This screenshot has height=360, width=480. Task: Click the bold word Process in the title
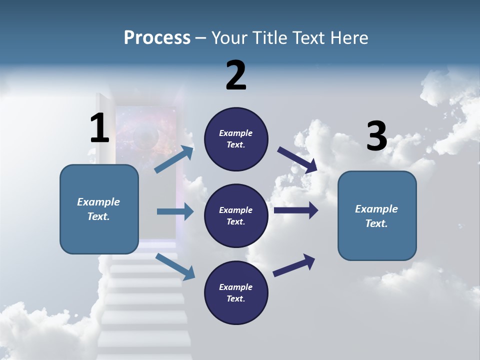click(157, 38)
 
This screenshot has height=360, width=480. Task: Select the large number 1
click(99, 128)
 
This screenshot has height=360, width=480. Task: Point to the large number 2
click(236, 75)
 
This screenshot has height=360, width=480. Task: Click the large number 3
click(377, 136)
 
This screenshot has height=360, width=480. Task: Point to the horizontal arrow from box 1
click(175, 211)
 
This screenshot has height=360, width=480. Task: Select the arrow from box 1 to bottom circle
click(175, 266)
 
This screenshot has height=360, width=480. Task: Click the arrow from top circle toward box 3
click(297, 160)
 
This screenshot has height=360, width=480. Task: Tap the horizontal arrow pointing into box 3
click(296, 210)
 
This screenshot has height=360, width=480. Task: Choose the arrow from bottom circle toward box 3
click(294, 265)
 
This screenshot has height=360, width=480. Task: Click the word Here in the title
click(350, 38)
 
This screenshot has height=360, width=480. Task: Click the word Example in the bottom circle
click(235, 287)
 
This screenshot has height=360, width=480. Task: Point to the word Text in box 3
click(376, 223)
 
